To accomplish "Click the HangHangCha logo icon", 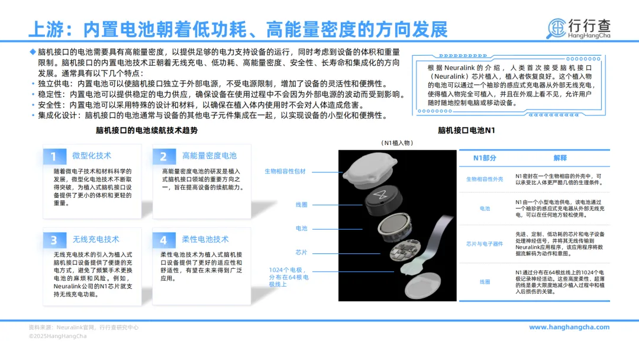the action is click(x=557, y=28).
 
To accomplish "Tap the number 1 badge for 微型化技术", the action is click(x=54, y=156).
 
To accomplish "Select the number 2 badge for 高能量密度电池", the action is click(x=163, y=156).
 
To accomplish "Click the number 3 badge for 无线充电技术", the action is click(x=54, y=240).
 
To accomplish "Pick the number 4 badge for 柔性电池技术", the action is click(x=163, y=240).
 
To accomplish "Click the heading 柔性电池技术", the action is click(x=205, y=239).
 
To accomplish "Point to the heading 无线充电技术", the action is click(x=95, y=239).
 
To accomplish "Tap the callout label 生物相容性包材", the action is click(x=285, y=172).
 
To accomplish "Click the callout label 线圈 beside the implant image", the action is click(x=301, y=204).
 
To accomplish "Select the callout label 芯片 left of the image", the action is click(x=301, y=252).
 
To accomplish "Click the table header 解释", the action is click(x=560, y=158).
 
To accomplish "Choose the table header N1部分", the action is click(x=485, y=158).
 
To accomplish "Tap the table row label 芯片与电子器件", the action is click(x=485, y=244).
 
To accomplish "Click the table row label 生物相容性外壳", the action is click(x=485, y=179).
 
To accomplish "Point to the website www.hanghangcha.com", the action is click(x=569, y=327).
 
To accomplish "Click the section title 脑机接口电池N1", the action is click(x=466, y=130).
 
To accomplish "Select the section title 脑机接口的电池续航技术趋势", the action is click(x=146, y=130).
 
